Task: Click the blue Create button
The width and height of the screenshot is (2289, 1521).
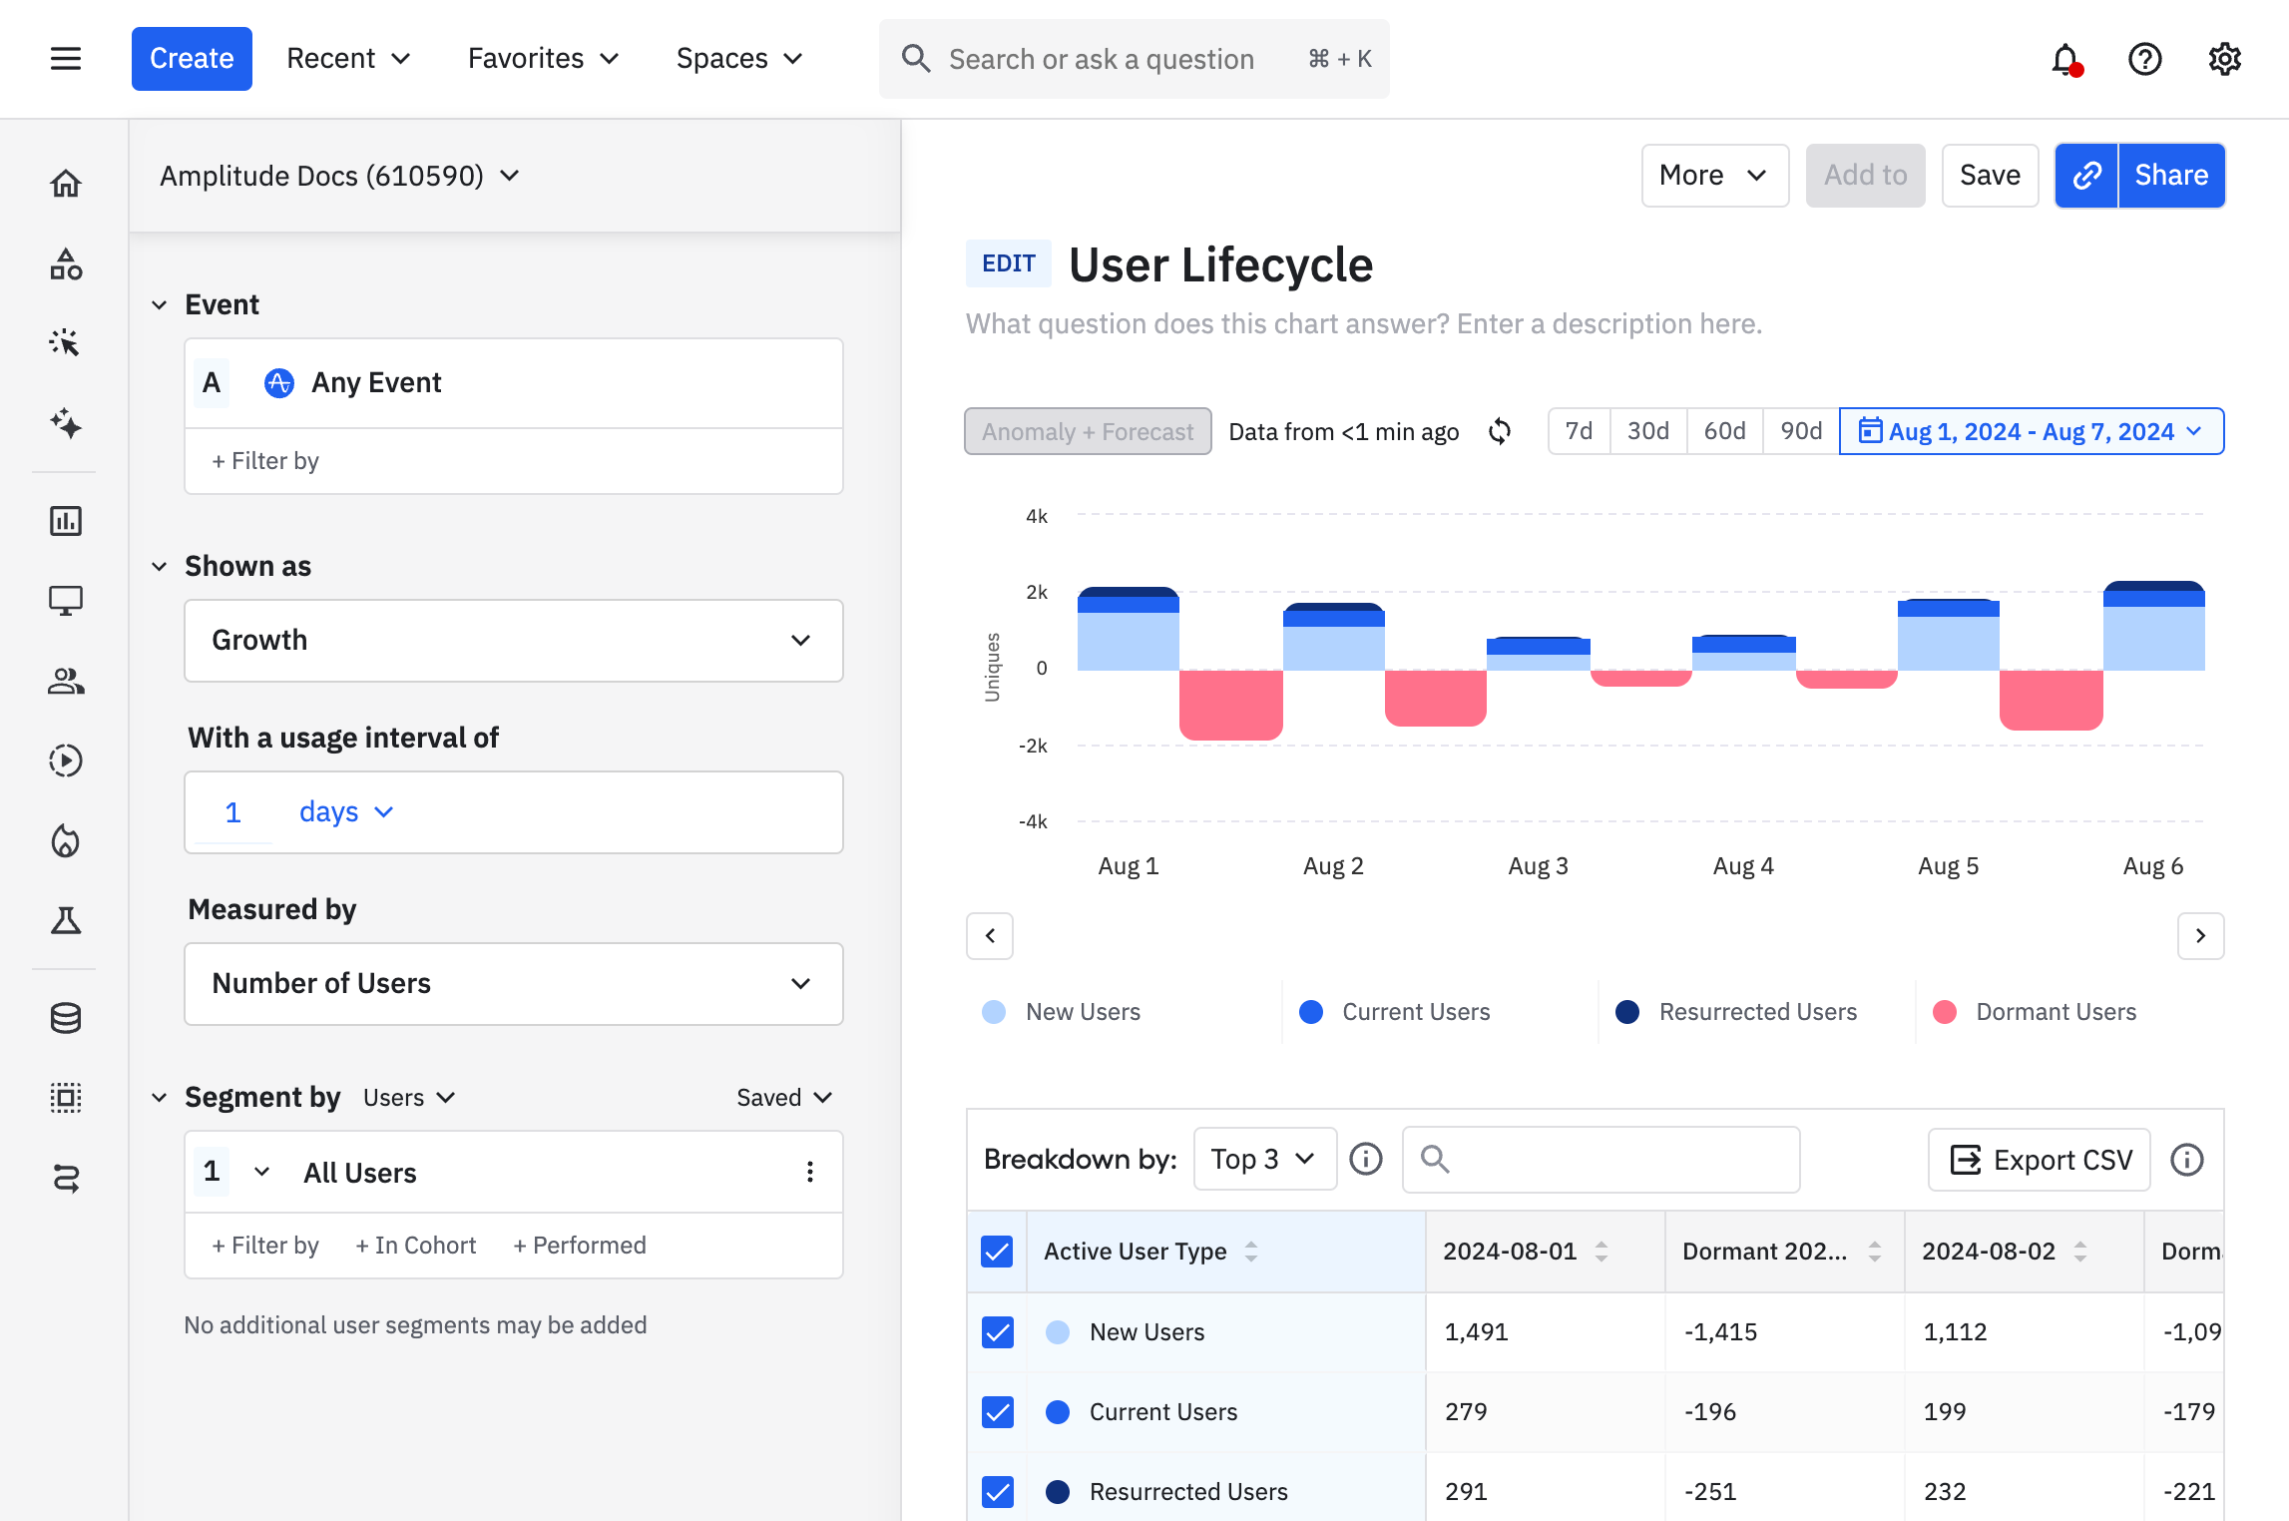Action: point(192,59)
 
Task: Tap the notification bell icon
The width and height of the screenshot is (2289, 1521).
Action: point(2065,60)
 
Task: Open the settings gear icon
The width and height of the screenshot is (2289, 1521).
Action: point(2224,60)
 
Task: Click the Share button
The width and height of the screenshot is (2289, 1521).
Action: point(2170,176)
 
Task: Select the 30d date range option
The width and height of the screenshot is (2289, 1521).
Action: point(1647,431)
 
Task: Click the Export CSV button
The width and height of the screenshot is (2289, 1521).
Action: point(2040,1160)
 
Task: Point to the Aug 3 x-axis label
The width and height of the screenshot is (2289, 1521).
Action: point(1538,866)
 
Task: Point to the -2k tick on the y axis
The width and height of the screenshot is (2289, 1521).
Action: point(1033,746)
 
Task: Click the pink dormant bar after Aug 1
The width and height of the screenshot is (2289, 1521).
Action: point(1230,704)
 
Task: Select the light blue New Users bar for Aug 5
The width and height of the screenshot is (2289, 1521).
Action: point(1948,644)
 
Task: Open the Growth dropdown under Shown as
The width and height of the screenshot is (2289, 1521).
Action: point(513,641)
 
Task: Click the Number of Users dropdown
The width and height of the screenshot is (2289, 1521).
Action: point(513,984)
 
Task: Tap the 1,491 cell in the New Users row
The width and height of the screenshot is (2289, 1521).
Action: point(1477,1332)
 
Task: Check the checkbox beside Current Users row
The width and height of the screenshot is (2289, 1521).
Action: point(998,1412)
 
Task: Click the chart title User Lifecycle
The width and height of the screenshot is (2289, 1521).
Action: point(1220,265)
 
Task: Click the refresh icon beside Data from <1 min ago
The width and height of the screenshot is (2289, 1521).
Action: point(1500,431)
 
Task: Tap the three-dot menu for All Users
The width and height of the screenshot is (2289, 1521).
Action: point(810,1172)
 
